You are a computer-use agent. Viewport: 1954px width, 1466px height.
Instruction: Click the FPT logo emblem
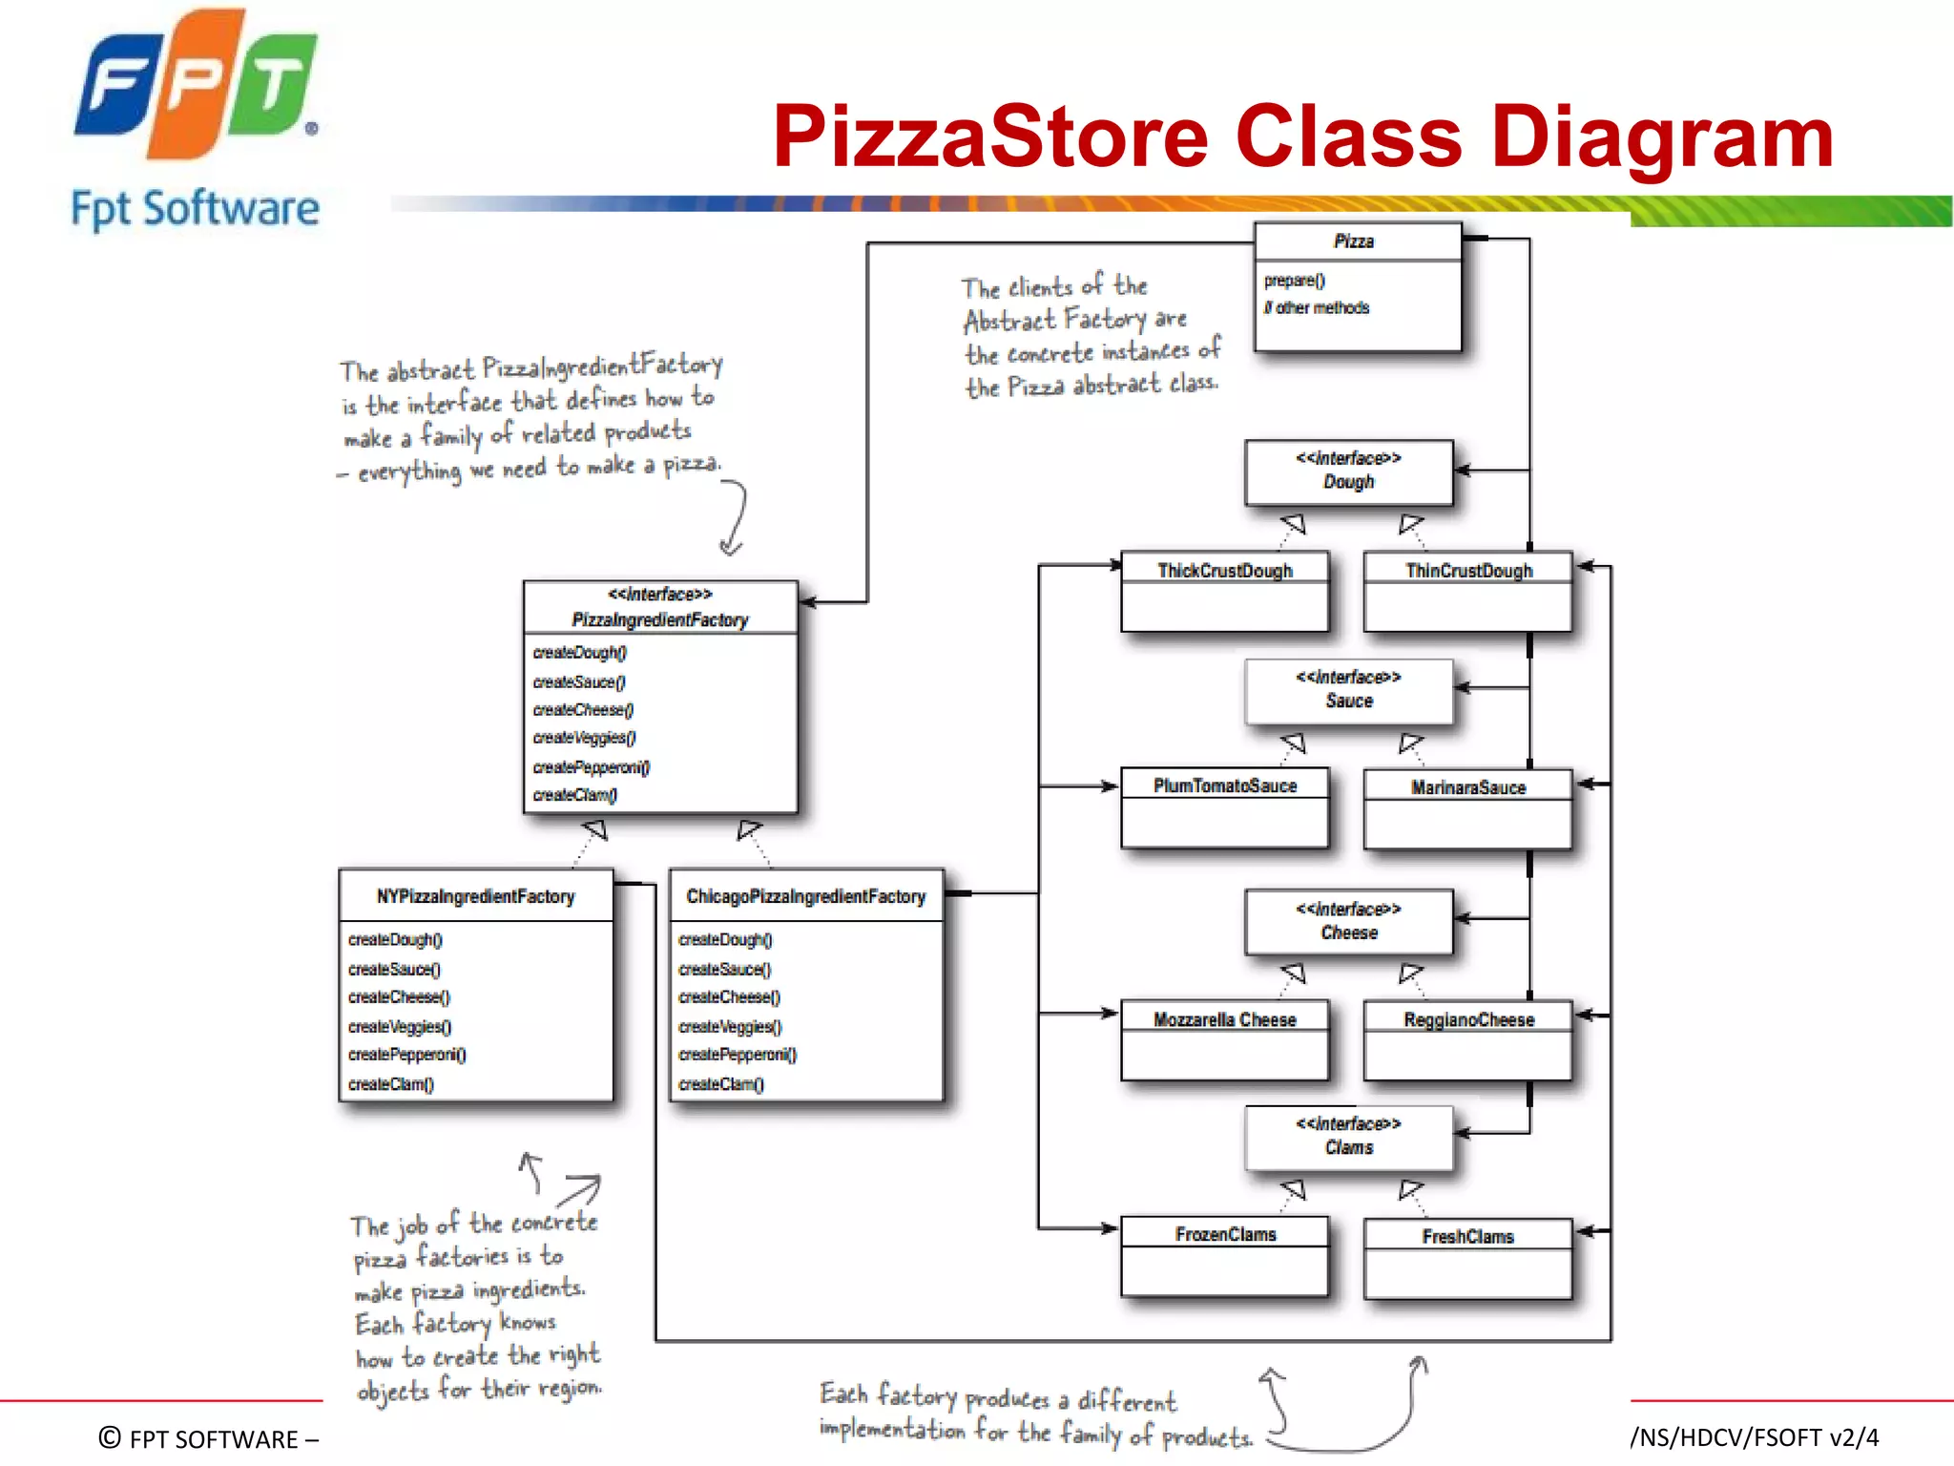coord(196,86)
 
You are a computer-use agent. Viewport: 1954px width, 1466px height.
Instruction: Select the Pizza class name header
coord(1354,241)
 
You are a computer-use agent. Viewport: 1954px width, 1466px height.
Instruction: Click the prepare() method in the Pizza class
coord(1295,281)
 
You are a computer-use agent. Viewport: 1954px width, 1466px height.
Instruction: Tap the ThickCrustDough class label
coord(1225,571)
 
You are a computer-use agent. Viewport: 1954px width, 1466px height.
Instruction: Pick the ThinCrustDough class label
coord(1468,571)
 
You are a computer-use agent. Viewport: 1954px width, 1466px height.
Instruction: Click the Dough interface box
coord(1348,471)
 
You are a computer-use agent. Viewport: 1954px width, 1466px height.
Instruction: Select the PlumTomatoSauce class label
coord(1225,785)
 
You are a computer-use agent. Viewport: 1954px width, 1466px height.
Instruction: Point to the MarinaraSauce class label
coord(1468,787)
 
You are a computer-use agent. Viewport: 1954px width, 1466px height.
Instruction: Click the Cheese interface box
coord(1348,921)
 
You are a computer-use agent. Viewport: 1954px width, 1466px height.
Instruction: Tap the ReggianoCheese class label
coord(1468,1020)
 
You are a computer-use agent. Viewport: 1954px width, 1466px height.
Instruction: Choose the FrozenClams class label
coord(1225,1235)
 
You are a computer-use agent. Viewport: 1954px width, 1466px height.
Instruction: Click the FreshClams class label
coord(1468,1237)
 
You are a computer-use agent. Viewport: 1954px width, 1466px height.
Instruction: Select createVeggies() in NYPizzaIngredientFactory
coord(400,1027)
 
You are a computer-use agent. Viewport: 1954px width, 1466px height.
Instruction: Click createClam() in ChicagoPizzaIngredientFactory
coord(721,1084)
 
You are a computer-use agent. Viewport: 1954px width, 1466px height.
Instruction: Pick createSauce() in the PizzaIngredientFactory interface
coord(579,682)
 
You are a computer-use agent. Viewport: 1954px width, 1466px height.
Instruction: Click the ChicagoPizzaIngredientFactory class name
coord(806,896)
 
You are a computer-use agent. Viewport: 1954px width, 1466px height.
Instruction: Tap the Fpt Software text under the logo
coord(196,209)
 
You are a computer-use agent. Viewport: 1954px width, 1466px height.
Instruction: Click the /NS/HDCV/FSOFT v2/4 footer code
coord(1754,1437)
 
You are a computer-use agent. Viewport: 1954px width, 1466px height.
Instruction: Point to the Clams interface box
coord(1348,1137)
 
